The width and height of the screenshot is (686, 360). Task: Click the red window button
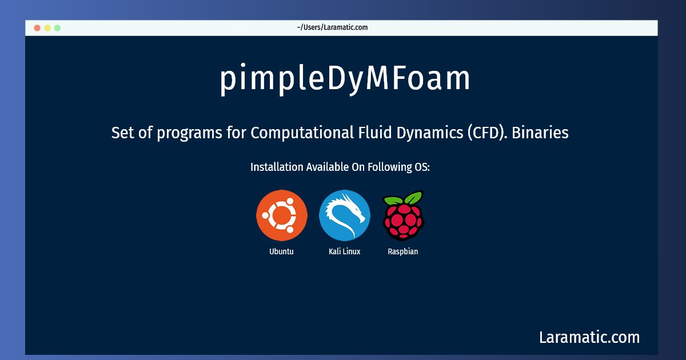click(x=37, y=28)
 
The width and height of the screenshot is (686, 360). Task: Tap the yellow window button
click(x=47, y=28)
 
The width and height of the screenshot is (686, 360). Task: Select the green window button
click(x=57, y=28)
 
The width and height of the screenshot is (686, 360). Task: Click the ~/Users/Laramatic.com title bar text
click(x=332, y=27)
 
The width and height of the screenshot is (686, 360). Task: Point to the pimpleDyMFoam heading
click(x=345, y=79)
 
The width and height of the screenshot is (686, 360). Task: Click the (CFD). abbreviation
click(x=487, y=133)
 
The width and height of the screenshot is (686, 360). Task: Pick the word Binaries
click(x=540, y=133)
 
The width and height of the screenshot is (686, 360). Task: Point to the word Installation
click(x=277, y=167)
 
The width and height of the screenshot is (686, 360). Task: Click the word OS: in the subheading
click(x=422, y=167)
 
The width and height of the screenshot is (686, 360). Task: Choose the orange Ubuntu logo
click(x=282, y=215)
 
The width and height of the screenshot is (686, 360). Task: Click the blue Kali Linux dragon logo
click(x=345, y=215)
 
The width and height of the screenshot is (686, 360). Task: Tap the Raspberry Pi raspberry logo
click(x=404, y=215)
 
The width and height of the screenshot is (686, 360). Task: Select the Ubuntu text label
click(x=281, y=251)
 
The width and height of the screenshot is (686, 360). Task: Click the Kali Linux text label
click(x=345, y=251)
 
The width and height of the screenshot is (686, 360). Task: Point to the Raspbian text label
click(x=402, y=251)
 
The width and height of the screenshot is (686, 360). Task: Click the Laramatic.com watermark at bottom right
click(x=589, y=337)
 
